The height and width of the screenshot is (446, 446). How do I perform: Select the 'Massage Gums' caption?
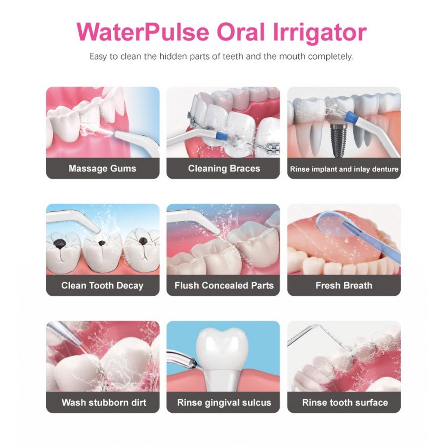pyautogui.click(x=102, y=169)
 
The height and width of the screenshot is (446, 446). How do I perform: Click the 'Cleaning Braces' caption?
pyautogui.click(x=224, y=169)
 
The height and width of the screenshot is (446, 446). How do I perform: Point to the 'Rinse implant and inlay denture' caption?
pyautogui.click(x=344, y=169)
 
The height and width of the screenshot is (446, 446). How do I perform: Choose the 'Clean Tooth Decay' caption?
pyautogui.click(x=102, y=286)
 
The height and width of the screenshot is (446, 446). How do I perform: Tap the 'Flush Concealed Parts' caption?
pyautogui.click(x=224, y=286)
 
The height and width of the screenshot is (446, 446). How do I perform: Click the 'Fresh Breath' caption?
pyautogui.click(x=344, y=286)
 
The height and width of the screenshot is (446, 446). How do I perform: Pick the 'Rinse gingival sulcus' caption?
pyautogui.click(x=224, y=402)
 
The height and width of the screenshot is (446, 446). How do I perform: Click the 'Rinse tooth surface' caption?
pyautogui.click(x=345, y=402)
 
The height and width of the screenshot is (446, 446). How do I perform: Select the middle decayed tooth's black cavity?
pyautogui.click(x=102, y=243)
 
